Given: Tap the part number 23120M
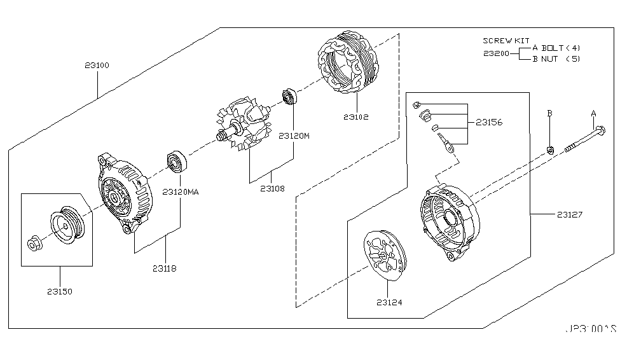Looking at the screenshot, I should [x=294, y=135].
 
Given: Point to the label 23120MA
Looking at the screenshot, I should [x=181, y=191].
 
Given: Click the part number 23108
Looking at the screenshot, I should [x=273, y=188].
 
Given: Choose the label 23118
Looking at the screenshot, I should [x=164, y=268].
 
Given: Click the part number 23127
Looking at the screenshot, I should [x=567, y=215].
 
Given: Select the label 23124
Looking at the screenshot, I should [x=389, y=303].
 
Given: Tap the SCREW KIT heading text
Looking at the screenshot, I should [x=506, y=40].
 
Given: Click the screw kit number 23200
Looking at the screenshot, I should [x=495, y=53].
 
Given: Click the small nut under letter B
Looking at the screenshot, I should [x=550, y=150].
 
